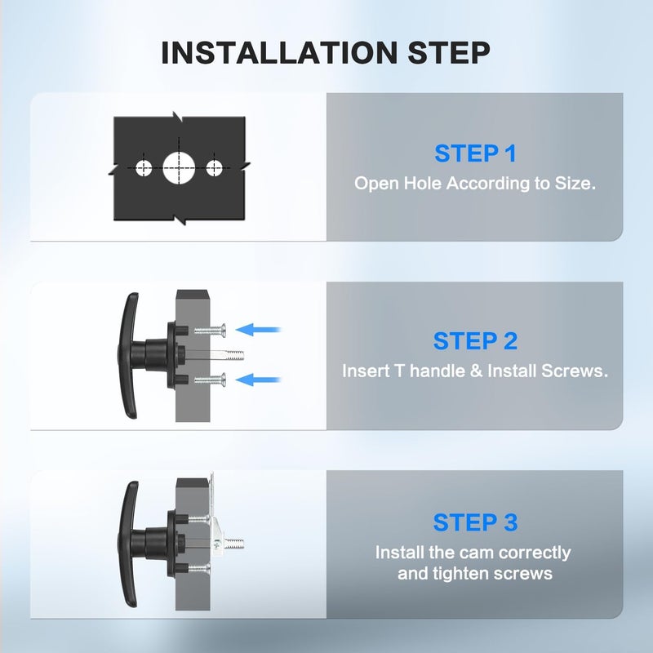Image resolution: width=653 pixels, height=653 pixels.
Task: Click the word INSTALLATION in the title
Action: pos(279,52)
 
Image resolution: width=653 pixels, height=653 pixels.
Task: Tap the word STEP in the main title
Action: pos(449,52)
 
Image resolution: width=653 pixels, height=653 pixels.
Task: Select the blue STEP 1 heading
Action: pos(475,153)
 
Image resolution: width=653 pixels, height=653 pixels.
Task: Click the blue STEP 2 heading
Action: pos(475,341)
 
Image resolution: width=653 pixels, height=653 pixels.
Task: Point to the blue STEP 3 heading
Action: pos(475,522)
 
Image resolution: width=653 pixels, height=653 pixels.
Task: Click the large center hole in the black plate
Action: pos(179,168)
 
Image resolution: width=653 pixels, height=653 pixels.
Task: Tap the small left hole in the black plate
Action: pos(144,168)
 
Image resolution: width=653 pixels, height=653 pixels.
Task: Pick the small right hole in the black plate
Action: pos(214,168)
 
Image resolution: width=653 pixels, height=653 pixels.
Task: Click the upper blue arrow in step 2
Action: pos(259,330)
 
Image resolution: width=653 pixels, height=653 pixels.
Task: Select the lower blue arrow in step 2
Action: pos(259,380)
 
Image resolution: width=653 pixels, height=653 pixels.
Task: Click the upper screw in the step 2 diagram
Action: pos(210,331)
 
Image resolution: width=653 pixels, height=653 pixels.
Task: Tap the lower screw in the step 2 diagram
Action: pos(210,380)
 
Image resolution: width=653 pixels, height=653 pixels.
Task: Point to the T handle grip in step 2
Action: pos(127,355)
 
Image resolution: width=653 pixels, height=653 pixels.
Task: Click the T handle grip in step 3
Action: pos(127,544)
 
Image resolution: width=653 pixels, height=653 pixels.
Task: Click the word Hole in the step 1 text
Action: pos(422,183)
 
